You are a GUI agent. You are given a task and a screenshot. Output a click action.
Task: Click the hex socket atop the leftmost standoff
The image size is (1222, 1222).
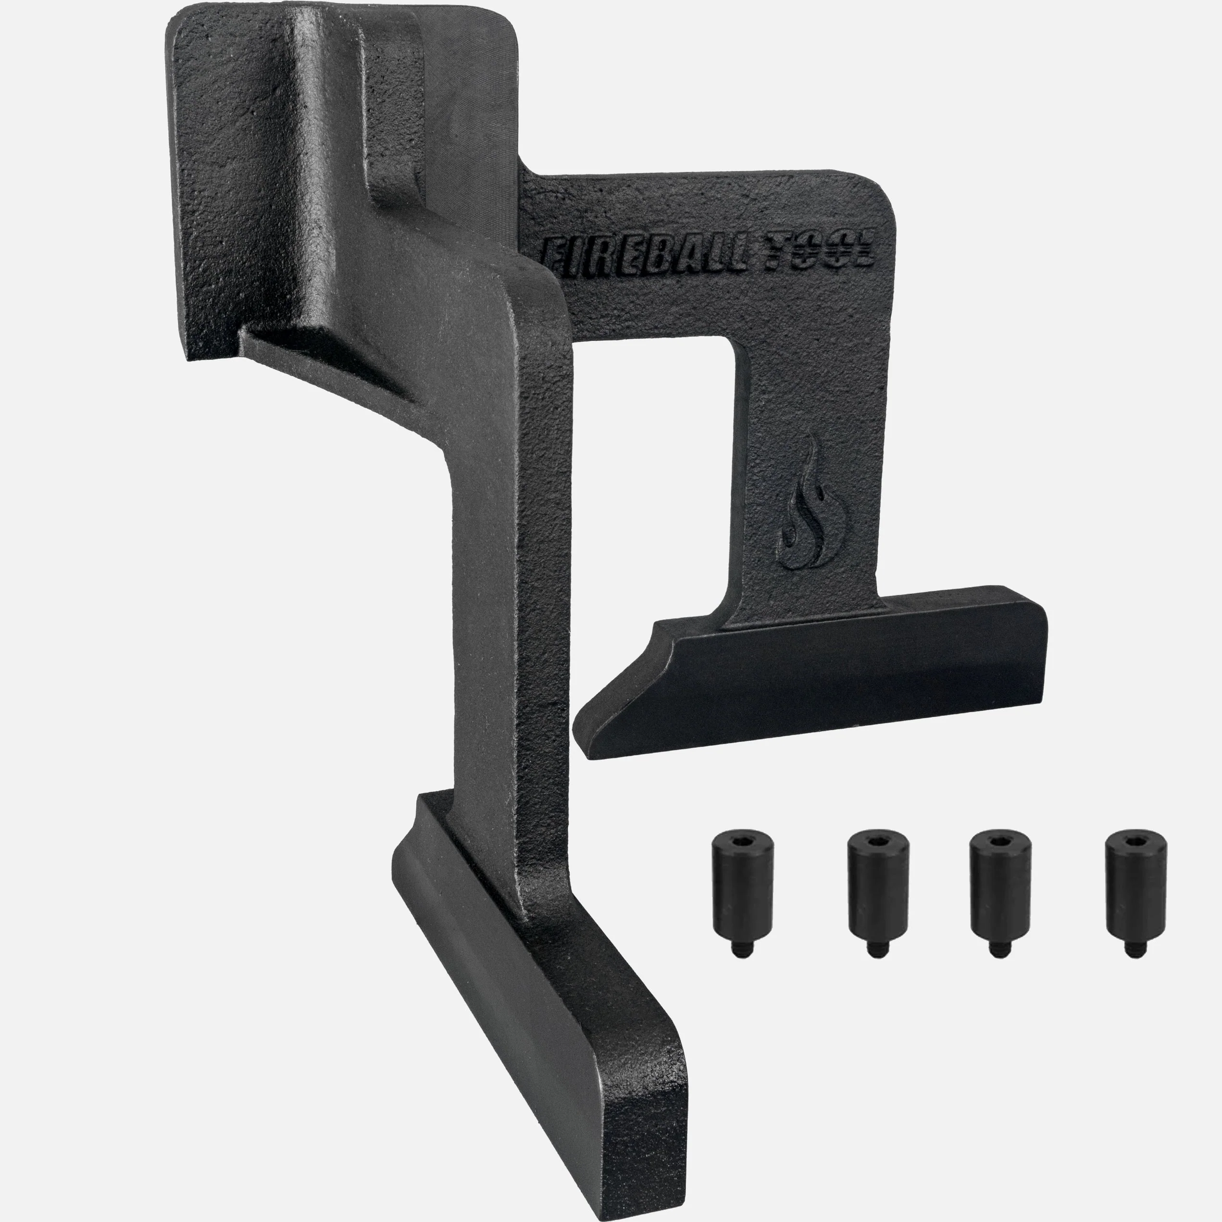click(742, 840)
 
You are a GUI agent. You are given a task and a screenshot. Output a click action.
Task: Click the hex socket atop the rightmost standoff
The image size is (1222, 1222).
click(1136, 840)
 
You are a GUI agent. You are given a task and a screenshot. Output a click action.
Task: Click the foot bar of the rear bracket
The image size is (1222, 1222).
click(822, 677)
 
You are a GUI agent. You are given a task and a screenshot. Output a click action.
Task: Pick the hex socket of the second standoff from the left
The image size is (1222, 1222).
click(878, 840)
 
